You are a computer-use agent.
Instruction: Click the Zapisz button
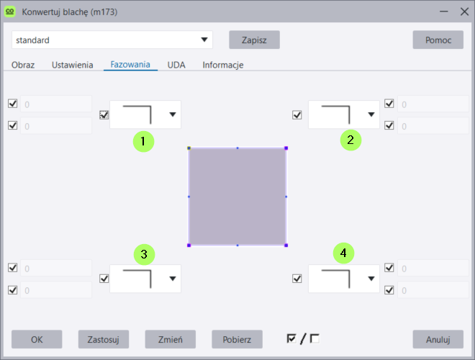254,40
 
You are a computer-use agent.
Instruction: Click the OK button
37,339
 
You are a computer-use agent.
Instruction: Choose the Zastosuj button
104,339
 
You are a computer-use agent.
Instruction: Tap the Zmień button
171,339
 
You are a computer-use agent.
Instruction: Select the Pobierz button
237,339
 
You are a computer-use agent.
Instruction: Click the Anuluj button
438,339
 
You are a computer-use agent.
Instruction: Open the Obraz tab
23,65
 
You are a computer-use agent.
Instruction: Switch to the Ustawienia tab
73,65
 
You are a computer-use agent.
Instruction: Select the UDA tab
176,65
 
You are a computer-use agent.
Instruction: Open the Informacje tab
223,65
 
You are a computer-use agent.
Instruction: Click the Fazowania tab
130,65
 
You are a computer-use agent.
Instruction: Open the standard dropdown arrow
204,40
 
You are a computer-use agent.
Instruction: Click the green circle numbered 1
144,142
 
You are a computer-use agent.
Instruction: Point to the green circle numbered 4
343,253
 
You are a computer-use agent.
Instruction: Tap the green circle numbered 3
144,255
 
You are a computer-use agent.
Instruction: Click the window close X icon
464,12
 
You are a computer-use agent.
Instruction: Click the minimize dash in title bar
444,12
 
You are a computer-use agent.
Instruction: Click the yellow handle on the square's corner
189,148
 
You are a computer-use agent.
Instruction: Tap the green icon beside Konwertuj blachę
10,12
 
